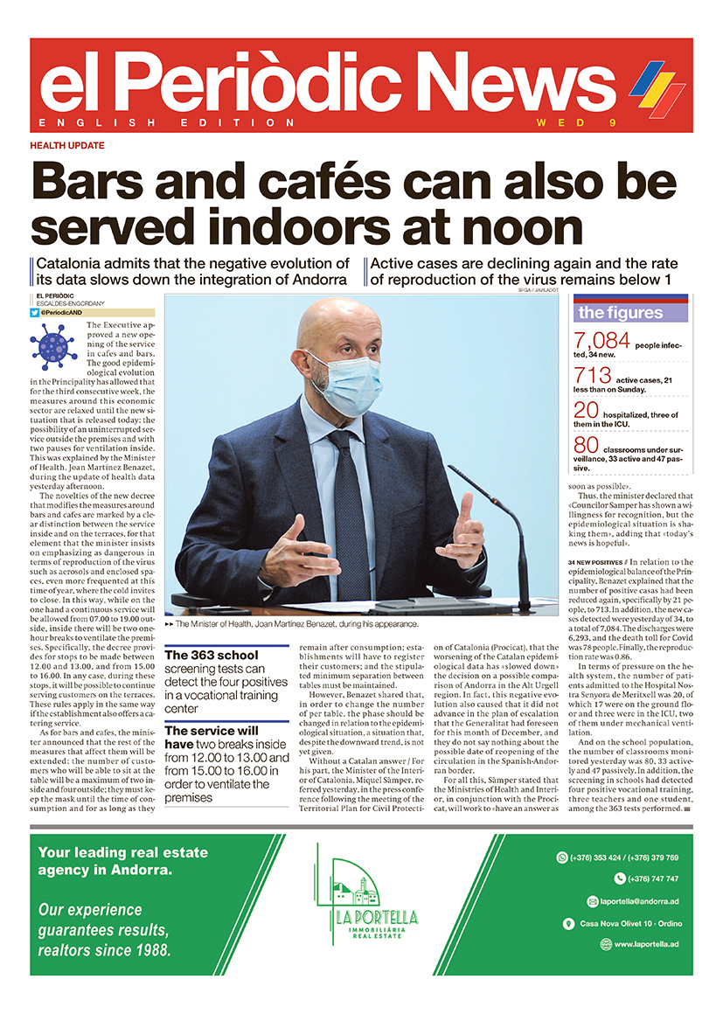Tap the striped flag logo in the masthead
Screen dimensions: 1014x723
click(657, 87)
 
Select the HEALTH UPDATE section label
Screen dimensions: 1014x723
click(67, 145)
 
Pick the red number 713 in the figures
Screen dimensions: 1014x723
click(592, 377)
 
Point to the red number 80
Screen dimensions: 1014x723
click(587, 446)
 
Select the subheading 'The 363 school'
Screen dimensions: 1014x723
click(212, 655)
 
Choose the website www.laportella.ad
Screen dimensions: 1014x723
click(645, 944)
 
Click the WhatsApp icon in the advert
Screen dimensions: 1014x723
click(562, 858)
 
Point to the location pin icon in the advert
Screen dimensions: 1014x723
click(568, 923)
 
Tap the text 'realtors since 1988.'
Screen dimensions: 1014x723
click(104, 950)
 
